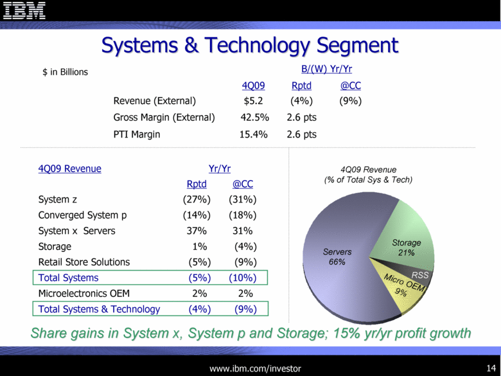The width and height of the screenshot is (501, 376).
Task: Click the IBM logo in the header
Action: pos(24,10)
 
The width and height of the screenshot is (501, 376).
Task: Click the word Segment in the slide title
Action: pos(357,46)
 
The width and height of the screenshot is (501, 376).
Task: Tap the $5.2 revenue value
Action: pos(253,101)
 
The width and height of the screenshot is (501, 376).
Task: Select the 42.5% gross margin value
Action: pos(254,118)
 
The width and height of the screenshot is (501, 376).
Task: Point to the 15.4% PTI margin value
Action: pos(253,134)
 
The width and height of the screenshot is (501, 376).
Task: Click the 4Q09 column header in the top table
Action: pos(253,85)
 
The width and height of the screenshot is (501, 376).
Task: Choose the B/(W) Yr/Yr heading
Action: pos(326,69)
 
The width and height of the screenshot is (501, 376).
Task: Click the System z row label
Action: pos(58,199)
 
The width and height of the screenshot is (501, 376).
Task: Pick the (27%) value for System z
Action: pos(197,199)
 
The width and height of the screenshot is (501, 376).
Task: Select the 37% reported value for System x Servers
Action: pos(197,231)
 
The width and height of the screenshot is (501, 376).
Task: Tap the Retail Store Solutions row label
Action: pos(84,262)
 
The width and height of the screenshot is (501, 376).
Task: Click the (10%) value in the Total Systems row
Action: pos(243,278)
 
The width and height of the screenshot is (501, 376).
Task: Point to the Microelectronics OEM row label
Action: pos(84,294)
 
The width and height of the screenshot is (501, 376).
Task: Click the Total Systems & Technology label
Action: pos(99,309)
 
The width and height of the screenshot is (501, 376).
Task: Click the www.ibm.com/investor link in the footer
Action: pos(255,369)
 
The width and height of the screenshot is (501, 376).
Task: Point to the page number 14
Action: pos(491,368)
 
